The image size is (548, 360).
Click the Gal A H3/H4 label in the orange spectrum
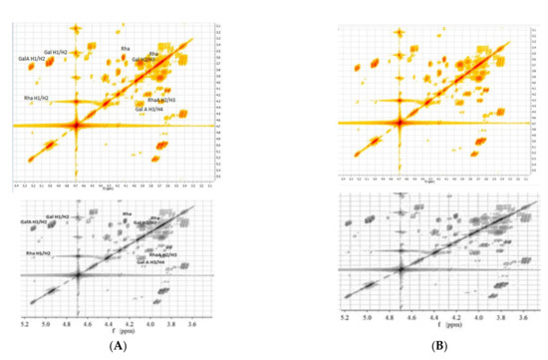click(x=152, y=110)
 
